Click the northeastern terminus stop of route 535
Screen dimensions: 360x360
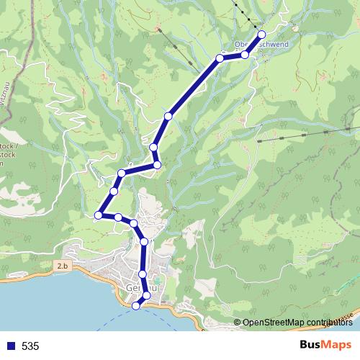click(x=261, y=35)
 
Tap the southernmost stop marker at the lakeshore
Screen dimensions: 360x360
click(x=135, y=306)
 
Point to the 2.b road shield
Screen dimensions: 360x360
click(x=63, y=266)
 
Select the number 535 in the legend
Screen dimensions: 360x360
click(x=30, y=346)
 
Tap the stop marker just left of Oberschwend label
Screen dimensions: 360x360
click(x=220, y=58)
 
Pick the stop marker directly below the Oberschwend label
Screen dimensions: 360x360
click(x=245, y=55)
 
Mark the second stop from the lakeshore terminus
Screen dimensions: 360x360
click(x=147, y=295)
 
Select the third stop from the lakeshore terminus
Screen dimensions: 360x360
click(x=143, y=274)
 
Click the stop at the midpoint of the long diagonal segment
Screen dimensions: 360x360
click(x=168, y=116)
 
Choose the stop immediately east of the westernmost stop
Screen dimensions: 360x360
click(x=117, y=217)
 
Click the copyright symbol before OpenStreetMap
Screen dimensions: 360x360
click(x=238, y=323)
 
